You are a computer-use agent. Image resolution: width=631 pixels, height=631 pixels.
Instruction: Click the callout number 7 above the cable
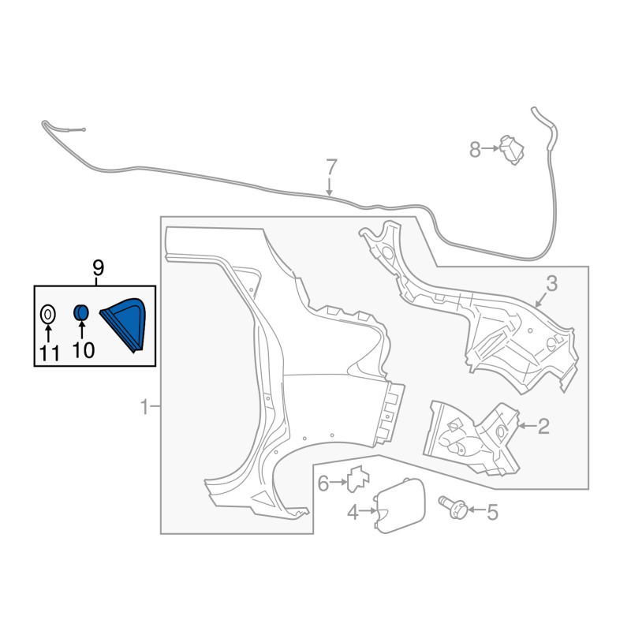pyautogui.click(x=330, y=167)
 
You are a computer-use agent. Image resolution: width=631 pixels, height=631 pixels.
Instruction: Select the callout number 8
pyautogui.click(x=476, y=150)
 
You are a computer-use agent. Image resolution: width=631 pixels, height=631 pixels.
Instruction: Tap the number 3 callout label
pyautogui.click(x=551, y=284)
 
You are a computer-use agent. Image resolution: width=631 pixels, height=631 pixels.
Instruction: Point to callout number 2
pyautogui.click(x=543, y=426)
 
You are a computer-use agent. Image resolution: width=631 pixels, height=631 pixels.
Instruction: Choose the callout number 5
pyautogui.click(x=492, y=512)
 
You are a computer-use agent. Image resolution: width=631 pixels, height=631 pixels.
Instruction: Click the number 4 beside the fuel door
pyautogui.click(x=353, y=512)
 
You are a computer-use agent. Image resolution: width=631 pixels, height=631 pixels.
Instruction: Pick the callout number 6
pyautogui.click(x=323, y=484)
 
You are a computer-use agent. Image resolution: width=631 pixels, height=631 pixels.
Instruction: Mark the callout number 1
pyautogui.click(x=144, y=407)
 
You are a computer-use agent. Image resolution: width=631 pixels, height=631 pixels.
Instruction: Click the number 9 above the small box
pyautogui.click(x=98, y=267)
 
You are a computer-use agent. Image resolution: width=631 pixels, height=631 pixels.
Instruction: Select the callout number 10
pyautogui.click(x=84, y=350)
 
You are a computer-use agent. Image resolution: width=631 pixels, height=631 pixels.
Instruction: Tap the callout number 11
pyautogui.click(x=50, y=353)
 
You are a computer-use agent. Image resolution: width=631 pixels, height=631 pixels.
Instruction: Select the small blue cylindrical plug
pyautogui.click(x=81, y=312)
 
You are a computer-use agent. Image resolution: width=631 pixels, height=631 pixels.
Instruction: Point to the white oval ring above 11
pyautogui.click(x=48, y=314)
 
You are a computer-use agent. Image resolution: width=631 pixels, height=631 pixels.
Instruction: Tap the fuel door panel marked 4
pyautogui.click(x=400, y=506)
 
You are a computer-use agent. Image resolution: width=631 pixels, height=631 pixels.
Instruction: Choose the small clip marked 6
pyautogui.click(x=358, y=479)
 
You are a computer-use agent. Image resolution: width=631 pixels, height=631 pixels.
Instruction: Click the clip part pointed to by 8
pyautogui.click(x=511, y=150)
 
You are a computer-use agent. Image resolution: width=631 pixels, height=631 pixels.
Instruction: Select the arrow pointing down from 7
pyautogui.click(x=330, y=187)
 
